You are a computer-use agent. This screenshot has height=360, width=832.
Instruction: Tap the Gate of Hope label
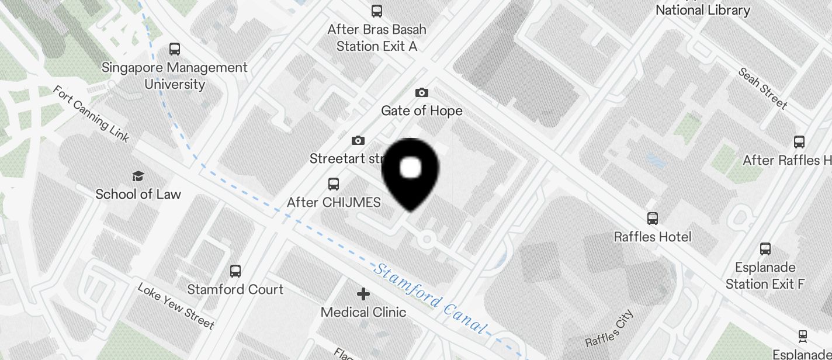point(421,110)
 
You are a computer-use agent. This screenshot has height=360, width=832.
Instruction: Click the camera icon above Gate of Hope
point(421,92)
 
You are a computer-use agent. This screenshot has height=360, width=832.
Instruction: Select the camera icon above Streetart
point(358,140)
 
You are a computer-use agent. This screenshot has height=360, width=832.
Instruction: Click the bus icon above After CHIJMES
point(333,184)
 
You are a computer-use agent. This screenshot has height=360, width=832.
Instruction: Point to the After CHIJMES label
point(334,202)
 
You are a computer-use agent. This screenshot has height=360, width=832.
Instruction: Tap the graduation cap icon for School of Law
point(138,176)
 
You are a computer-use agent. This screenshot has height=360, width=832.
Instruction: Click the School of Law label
point(138,194)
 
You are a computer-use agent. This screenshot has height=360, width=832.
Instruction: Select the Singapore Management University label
point(175,75)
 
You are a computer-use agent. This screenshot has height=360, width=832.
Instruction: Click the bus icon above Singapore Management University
point(175,49)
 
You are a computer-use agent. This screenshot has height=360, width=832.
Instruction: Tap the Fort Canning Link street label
point(91,114)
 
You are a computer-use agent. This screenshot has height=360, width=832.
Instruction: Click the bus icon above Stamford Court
point(235,271)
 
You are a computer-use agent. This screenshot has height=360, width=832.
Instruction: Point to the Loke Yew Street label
point(176,305)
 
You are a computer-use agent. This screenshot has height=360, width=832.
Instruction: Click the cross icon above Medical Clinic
point(363,293)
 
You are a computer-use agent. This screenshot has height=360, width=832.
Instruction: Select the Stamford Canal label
point(430,298)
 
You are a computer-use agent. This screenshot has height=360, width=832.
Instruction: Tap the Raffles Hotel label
point(653,237)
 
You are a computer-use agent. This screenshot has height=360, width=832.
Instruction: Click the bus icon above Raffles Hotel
point(653,219)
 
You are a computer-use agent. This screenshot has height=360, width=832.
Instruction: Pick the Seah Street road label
point(762,88)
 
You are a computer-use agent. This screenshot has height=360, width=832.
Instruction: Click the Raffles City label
point(609,328)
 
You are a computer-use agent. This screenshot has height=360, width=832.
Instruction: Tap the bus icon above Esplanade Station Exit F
point(765,248)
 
